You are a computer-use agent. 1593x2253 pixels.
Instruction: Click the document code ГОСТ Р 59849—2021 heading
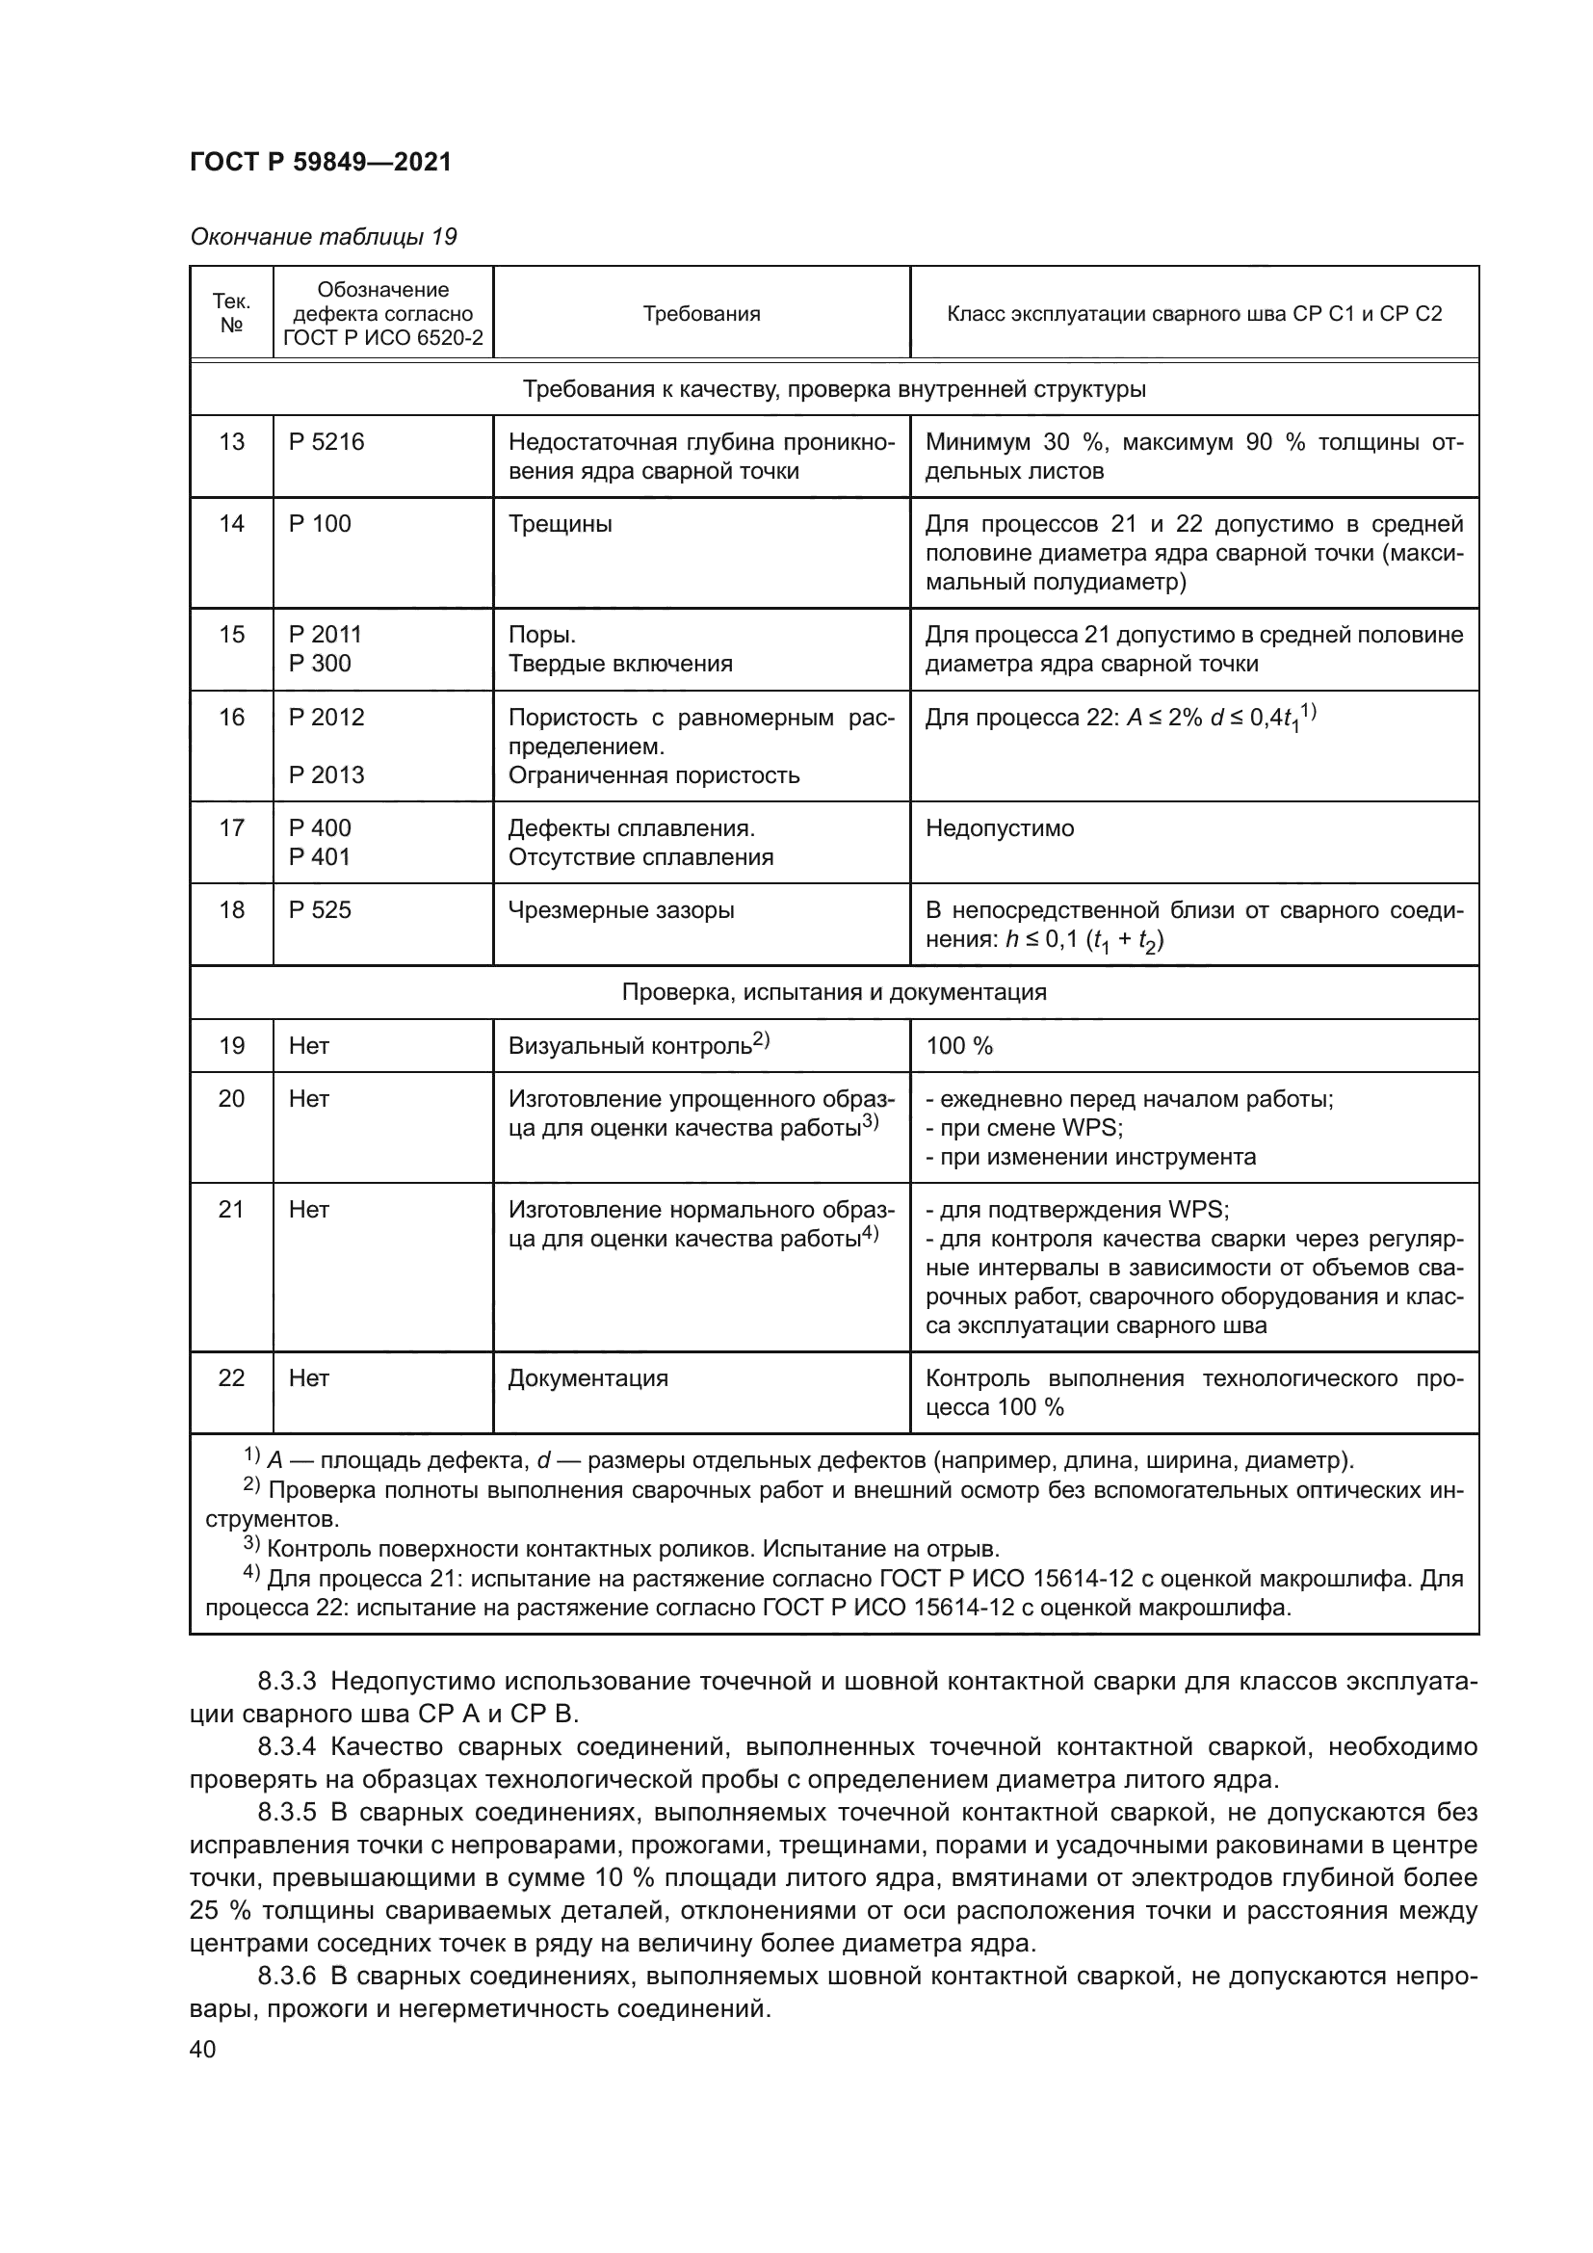(321, 162)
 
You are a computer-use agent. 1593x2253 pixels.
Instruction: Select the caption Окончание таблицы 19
(324, 237)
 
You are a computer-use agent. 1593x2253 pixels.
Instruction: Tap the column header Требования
(701, 314)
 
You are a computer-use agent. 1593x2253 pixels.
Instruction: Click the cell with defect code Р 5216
(326, 441)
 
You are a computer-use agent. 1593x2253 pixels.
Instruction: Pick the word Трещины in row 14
(561, 524)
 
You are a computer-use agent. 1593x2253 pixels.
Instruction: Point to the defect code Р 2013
(326, 775)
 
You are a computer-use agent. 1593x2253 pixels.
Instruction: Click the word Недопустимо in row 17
(1000, 828)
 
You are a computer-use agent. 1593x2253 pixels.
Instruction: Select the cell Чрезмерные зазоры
(621, 909)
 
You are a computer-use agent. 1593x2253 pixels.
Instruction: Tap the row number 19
(231, 1046)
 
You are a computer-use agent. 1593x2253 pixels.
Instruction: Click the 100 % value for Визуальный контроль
(959, 1046)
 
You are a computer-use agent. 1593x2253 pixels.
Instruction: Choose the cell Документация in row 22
(588, 1377)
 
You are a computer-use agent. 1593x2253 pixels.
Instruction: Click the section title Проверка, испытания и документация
(834, 992)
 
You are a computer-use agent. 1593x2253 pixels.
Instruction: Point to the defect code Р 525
(320, 909)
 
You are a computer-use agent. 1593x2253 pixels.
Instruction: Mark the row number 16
(231, 718)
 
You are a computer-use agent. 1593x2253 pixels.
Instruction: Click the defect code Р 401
(320, 856)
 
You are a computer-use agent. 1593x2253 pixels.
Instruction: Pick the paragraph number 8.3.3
(286, 1682)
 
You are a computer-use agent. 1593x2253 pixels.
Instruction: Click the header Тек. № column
(231, 313)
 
